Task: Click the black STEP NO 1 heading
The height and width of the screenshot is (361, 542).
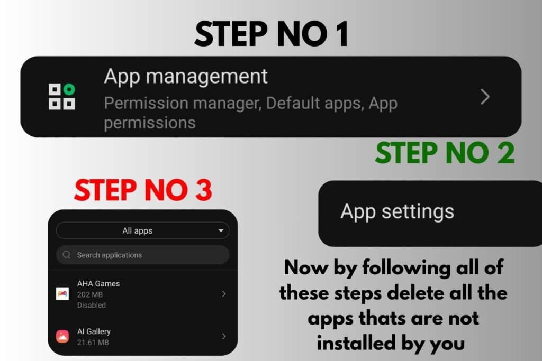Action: (272, 34)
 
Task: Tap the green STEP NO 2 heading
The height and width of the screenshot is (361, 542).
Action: (445, 153)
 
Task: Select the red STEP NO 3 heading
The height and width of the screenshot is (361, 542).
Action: (143, 190)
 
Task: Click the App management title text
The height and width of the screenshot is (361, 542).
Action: (186, 76)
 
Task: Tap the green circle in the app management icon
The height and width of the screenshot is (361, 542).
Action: (69, 89)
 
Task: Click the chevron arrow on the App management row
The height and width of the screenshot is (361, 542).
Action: (485, 97)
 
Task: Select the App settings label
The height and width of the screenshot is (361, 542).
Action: (397, 211)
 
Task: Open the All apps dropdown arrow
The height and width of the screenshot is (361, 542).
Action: (221, 230)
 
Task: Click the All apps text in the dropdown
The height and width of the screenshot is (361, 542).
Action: (137, 231)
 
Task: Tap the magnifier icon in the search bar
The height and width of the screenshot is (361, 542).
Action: (67, 255)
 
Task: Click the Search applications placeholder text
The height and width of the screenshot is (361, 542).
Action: (109, 255)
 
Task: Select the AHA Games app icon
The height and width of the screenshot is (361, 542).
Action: (62, 294)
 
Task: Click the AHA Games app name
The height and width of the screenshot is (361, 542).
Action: (98, 284)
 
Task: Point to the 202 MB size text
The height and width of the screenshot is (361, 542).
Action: (90, 294)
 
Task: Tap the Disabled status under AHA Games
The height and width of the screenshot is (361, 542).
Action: (91, 305)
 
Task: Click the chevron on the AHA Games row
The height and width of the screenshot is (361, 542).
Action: (224, 294)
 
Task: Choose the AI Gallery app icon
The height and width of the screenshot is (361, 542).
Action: (62, 336)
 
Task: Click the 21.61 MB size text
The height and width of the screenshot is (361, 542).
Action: (93, 343)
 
